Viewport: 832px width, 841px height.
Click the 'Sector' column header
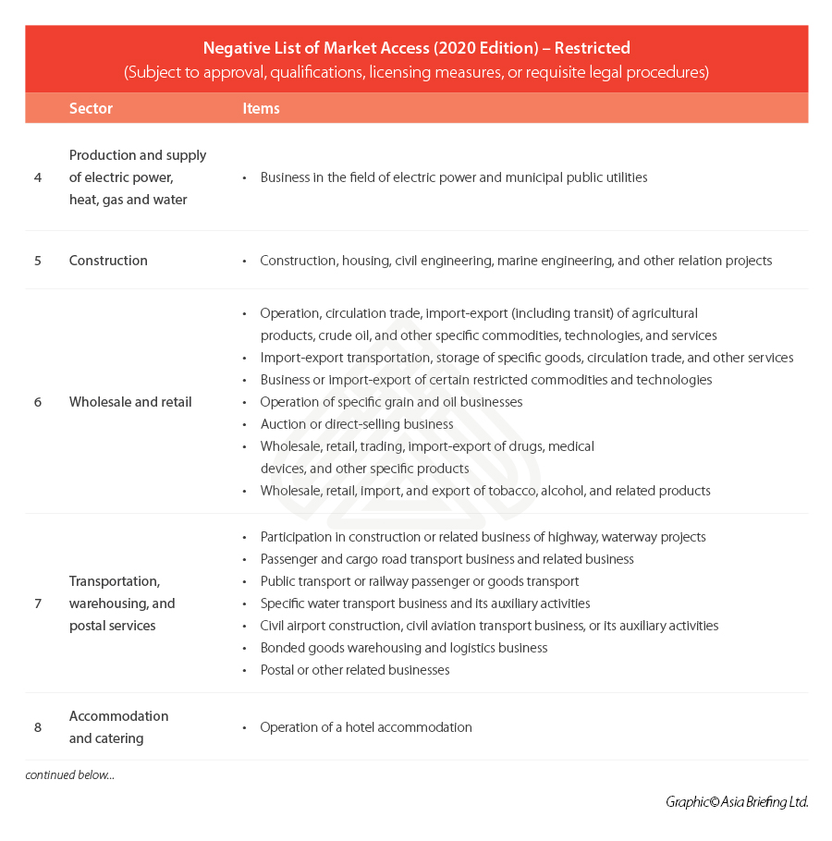coord(91,108)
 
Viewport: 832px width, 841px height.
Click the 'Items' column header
coord(261,108)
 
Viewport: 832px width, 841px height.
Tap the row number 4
coord(38,177)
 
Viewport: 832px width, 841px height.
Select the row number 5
coord(38,261)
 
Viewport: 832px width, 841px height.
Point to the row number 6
coord(38,402)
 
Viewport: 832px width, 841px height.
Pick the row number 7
coord(38,603)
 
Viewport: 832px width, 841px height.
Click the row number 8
coord(38,727)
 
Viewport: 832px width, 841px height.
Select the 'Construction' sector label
coord(108,261)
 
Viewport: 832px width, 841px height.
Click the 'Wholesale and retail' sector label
coord(130,402)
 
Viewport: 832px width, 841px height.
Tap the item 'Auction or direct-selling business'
coord(357,424)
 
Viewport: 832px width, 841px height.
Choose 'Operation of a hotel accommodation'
coord(366,727)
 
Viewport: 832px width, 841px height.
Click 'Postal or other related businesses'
coord(355,670)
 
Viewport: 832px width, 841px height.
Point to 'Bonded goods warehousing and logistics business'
coord(404,648)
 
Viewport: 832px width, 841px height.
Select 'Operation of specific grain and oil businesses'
coord(391,402)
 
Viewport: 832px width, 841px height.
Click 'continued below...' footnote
coord(70,774)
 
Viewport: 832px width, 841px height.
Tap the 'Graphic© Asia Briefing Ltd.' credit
coord(737,802)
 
